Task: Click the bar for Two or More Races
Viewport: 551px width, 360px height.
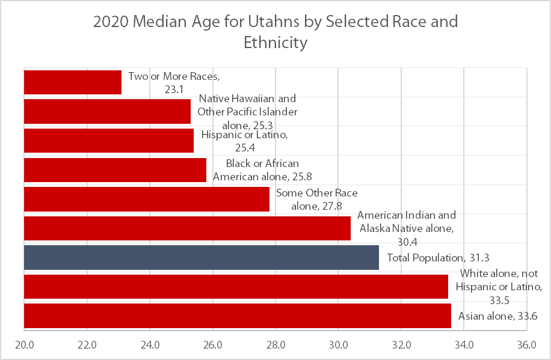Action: tap(72, 82)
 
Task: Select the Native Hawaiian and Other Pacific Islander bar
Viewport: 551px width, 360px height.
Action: tap(107, 111)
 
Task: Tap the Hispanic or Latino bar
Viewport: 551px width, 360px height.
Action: tap(108, 141)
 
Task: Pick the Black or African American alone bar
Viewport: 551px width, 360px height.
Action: tap(114, 170)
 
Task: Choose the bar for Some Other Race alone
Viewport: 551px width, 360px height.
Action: tap(146, 199)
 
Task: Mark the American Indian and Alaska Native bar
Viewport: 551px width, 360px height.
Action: tap(186, 228)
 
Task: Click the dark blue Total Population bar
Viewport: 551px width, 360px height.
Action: tap(201, 257)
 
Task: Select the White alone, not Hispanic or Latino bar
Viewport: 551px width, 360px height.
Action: tap(235, 287)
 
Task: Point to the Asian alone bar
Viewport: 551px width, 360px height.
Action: tap(237, 316)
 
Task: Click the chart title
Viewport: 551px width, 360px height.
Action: tap(275, 32)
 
